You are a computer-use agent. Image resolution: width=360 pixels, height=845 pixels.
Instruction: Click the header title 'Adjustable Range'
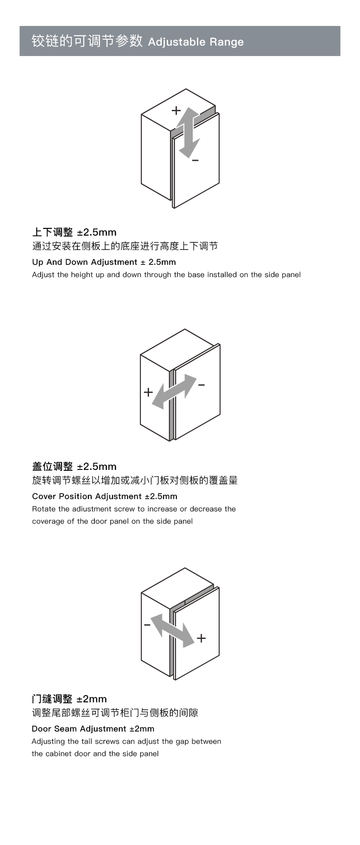coord(196,42)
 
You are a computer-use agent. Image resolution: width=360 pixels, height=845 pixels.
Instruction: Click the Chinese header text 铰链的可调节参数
coord(87,41)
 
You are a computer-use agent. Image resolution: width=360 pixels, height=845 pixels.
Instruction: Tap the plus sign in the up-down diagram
coord(176,110)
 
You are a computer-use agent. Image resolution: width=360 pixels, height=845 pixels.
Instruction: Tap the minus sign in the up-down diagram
coord(195,160)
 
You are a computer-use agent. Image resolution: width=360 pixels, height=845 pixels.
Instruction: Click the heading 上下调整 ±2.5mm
coord(74,232)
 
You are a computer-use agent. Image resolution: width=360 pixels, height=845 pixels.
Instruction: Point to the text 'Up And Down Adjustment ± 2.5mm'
coord(104,262)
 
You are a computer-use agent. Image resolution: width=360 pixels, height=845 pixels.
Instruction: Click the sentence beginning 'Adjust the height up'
coord(166,275)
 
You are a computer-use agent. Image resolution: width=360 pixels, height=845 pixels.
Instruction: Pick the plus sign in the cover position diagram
coord(148,392)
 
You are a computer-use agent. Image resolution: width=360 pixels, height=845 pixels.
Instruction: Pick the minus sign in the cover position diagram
coord(201,385)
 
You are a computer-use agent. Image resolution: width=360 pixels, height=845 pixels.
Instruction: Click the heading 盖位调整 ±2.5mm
coord(74,467)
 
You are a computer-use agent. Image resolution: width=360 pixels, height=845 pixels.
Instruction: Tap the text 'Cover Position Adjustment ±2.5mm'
coord(105,496)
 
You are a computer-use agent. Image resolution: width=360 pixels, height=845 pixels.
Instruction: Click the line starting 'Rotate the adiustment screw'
coord(134,509)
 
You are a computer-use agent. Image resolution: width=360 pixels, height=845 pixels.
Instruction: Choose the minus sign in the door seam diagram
coord(147,625)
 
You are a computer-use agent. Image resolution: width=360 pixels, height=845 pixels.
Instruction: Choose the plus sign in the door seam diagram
coord(201,638)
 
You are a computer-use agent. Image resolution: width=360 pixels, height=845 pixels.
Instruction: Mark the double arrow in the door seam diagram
coord(173,630)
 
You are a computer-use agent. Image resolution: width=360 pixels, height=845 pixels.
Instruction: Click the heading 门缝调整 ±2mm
coord(69,699)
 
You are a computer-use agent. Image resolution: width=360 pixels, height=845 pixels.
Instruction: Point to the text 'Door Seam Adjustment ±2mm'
coord(93,729)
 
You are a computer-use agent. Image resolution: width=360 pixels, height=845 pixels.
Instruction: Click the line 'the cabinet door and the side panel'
coord(95,754)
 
